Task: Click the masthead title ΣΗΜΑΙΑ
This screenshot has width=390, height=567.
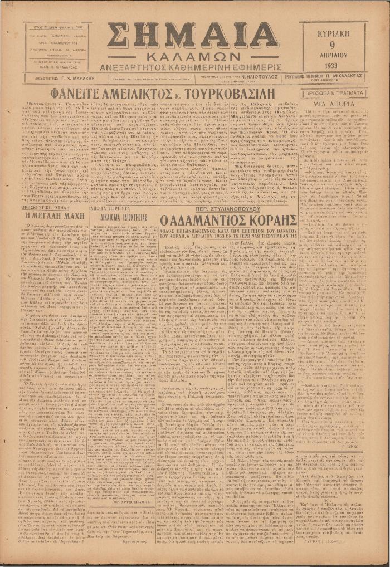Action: [x=192, y=38]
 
